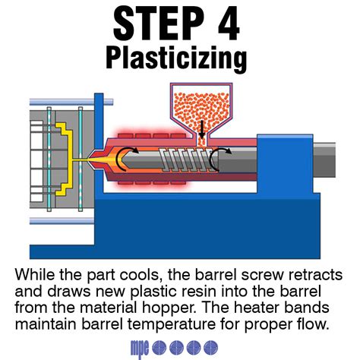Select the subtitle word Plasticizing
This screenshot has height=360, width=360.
click(x=180, y=58)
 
